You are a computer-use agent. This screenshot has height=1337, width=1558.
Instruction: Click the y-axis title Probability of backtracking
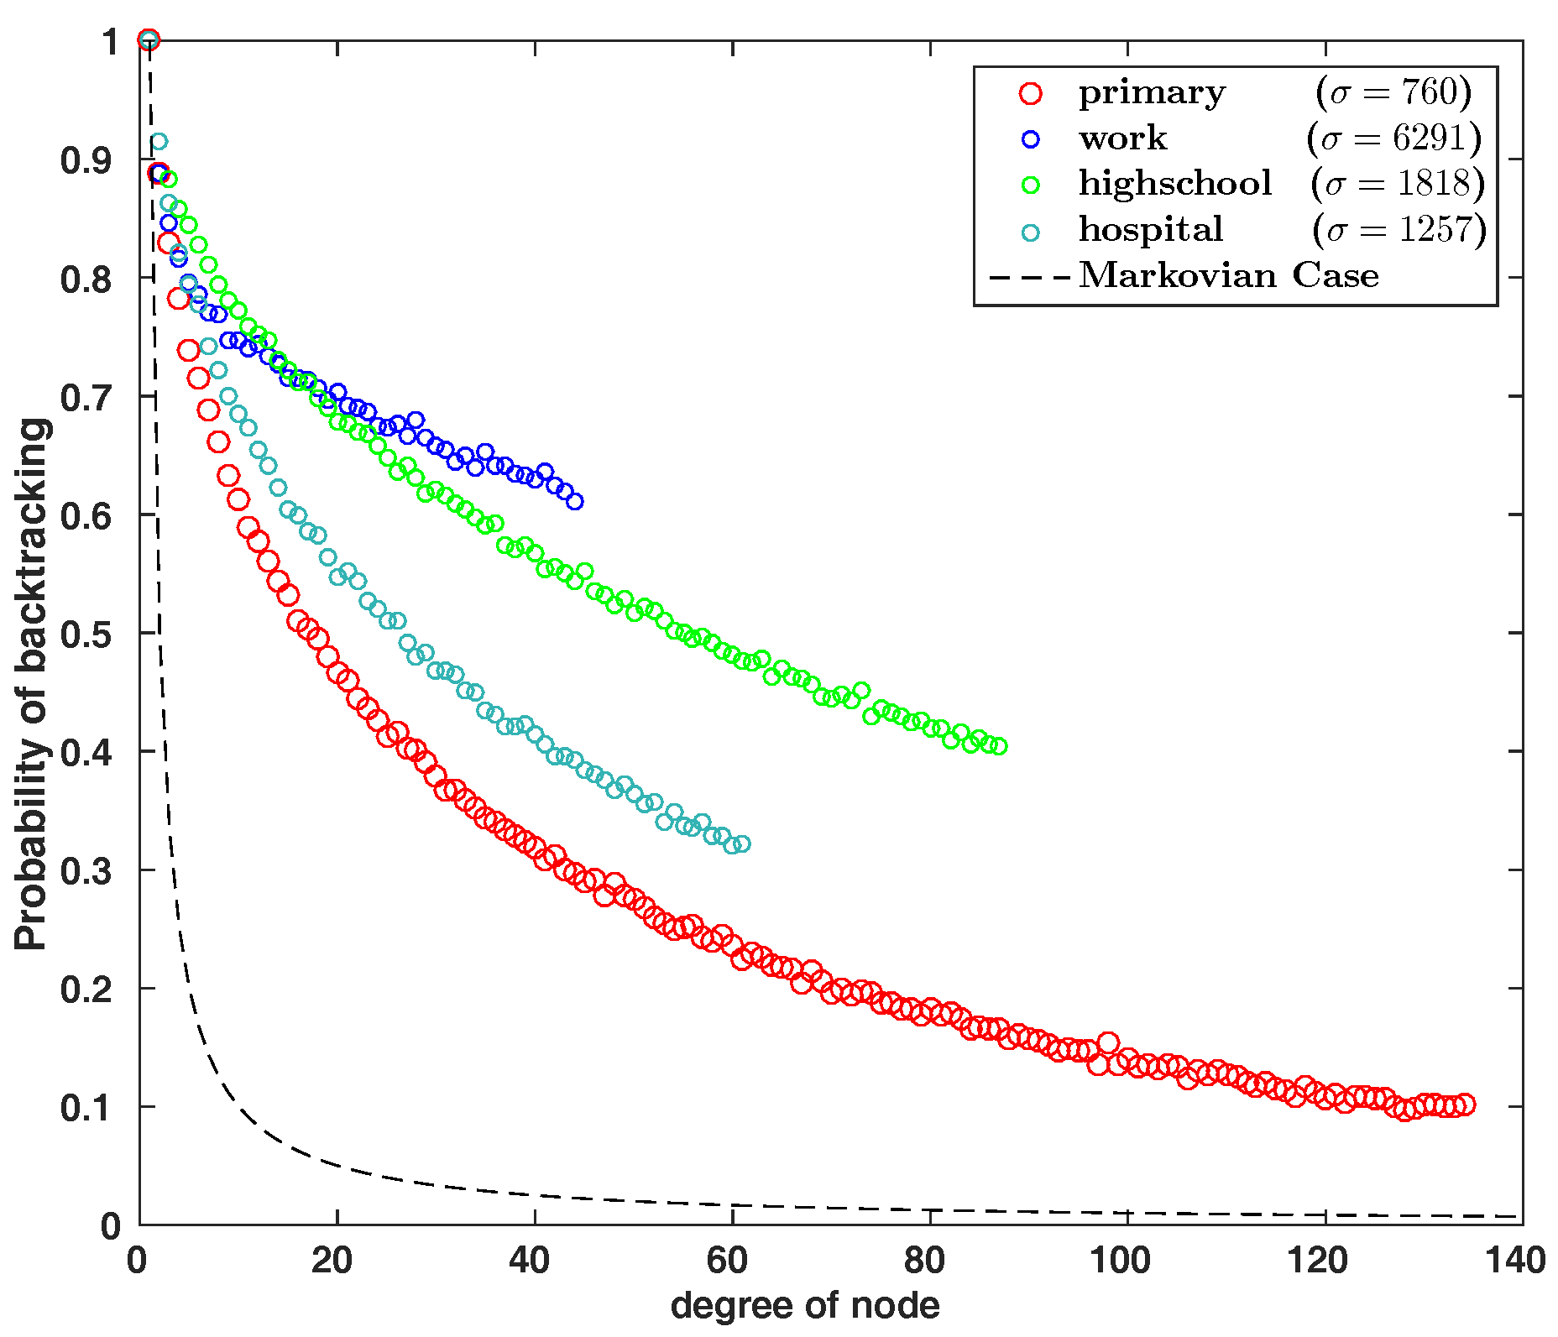tap(32, 684)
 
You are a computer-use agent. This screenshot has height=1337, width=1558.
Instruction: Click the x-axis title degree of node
tap(805, 1306)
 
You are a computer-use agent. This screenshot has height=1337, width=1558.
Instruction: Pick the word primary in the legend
tap(1152, 93)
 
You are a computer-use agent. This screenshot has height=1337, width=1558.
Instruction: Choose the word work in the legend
tap(1122, 138)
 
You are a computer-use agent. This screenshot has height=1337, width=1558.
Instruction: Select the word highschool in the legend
tap(1175, 184)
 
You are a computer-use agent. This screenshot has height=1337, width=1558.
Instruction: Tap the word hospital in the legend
tap(1151, 229)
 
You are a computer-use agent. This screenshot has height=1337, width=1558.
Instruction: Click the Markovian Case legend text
tap(1228, 275)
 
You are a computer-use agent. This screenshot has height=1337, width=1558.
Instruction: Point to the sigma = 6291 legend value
tap(1394, 138)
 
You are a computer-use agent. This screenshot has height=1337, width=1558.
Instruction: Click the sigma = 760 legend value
tap(1394, 93)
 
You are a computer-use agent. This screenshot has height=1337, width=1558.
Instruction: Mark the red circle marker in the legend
tap(1030, 93)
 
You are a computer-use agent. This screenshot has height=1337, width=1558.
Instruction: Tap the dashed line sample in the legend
tap(1030, 276)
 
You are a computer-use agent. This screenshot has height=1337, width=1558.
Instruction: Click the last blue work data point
tap(575, 502)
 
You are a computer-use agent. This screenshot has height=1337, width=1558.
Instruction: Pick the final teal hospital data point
tap(742, 844)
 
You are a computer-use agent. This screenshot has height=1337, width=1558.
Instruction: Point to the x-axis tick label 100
tap(1124, 1261)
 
